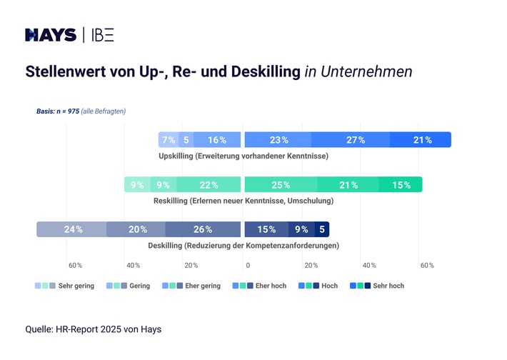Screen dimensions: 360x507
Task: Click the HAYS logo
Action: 50,35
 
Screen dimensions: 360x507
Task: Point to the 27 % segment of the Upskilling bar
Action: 356,140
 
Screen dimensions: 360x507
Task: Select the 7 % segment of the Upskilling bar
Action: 169,140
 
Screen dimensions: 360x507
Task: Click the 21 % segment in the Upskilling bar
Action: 422,140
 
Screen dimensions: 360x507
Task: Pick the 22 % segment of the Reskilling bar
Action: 209,185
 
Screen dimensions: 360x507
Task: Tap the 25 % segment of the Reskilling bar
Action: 281,185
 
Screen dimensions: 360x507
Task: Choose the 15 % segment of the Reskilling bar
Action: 401,185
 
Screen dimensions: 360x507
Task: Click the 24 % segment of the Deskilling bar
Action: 73,229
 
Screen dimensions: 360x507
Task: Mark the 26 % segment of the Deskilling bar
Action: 203,229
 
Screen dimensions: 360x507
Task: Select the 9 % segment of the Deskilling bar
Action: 301,229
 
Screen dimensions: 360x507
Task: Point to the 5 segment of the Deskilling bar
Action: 322,229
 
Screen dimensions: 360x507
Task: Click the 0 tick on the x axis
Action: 247,265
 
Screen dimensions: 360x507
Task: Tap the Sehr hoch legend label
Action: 388,286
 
